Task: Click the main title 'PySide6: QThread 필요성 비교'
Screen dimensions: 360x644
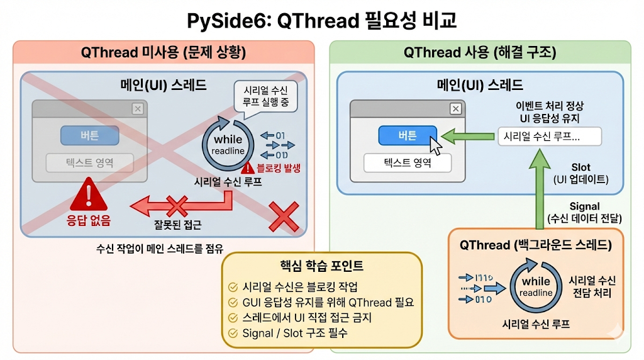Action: click(321, 21)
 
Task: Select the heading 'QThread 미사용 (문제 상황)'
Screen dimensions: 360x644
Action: click(164, 53)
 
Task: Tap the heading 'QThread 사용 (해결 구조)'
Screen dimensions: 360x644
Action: click(480, 53)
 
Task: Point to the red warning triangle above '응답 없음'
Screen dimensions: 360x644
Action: click(89, 196)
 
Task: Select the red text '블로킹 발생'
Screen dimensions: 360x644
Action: click(279, 168)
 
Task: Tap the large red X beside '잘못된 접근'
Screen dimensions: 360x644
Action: click(284, 216)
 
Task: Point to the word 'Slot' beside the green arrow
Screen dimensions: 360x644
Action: click(580, 167)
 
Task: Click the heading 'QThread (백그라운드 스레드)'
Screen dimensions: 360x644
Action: click(536, 245)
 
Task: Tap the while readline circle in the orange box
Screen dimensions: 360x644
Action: click(536, 286)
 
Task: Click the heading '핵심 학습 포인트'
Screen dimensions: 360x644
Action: click(321, 266)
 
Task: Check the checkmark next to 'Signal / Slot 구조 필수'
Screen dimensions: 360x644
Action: click(233, 334)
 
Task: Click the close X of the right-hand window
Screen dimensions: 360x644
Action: click(456, 109)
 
